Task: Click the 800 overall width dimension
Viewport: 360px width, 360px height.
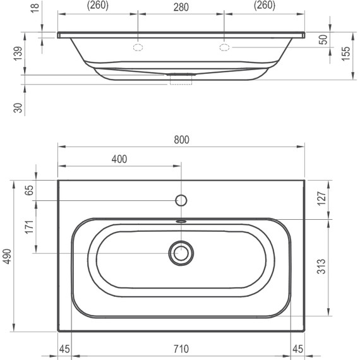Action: coord(181,139)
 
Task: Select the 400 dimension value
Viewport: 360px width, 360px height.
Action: coord(118,159)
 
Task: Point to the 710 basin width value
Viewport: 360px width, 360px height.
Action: coord(181,349)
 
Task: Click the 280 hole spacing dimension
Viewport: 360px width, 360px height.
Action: coord(181,7)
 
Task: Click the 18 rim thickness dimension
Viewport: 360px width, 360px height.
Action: coord(18,8)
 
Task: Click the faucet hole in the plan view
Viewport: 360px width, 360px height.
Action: coord(181,201)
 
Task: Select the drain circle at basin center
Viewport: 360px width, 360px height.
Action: coord(181,253)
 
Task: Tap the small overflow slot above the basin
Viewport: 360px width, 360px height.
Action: coord(181,221)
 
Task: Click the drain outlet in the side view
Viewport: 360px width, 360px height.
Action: coord(181,79)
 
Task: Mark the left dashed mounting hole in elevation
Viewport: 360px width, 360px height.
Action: coord(138,47)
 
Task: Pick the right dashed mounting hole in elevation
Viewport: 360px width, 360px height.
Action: coord(224,47)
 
